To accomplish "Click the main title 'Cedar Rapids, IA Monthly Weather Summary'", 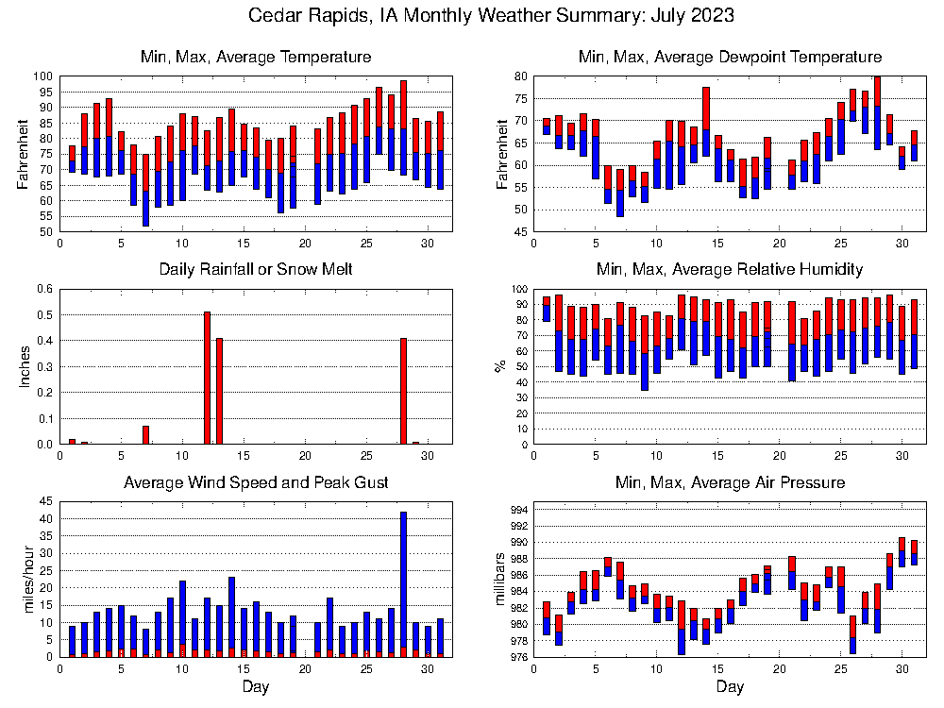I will tap(491, 16).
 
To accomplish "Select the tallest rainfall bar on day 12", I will tap(207, 378).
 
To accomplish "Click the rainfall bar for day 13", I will tap(219, 391).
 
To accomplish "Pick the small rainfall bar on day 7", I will tap(145, 435).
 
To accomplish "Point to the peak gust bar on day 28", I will tap(403, 581).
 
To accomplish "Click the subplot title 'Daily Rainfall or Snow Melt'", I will tap(256, 270).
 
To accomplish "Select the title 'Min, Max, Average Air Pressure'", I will tap(730, 482).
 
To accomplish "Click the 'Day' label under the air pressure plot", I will tap(730, 687).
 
